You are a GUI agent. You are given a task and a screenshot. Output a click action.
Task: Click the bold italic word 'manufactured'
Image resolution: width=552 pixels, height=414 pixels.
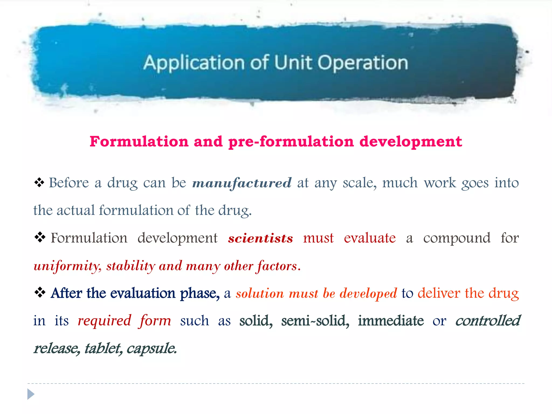tap(242, 183)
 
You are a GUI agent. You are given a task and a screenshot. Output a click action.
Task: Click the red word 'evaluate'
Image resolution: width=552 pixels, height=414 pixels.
tap(370, 238)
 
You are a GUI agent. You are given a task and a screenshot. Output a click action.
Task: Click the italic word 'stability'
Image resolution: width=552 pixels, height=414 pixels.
tap(131, 266)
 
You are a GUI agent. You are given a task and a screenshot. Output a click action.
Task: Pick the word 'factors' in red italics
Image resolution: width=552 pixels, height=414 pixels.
tap(278, 266)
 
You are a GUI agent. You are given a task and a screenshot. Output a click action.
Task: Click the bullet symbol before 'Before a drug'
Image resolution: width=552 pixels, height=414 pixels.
tap(39, 182)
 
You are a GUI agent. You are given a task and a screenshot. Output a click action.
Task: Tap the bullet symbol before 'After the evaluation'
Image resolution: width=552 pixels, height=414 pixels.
tap(40, 292)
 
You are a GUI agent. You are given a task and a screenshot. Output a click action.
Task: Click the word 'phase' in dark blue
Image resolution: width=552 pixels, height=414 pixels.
tap(200, 294)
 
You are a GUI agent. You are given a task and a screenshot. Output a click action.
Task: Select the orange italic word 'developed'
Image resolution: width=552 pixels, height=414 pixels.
tap(368, 294)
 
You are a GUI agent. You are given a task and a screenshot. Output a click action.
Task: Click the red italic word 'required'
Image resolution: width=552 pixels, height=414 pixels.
tap(105, 321)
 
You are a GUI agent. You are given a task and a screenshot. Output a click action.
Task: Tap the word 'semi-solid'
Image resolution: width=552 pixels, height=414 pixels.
tap(315, 321)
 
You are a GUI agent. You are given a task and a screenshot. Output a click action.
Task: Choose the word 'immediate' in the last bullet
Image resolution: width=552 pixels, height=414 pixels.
tap(391, 321)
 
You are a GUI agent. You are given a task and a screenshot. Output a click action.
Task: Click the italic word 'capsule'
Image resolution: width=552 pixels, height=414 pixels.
tap(151, 349)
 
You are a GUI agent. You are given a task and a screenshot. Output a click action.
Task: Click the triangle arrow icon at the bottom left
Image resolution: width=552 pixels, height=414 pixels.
tap(31, 394)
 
